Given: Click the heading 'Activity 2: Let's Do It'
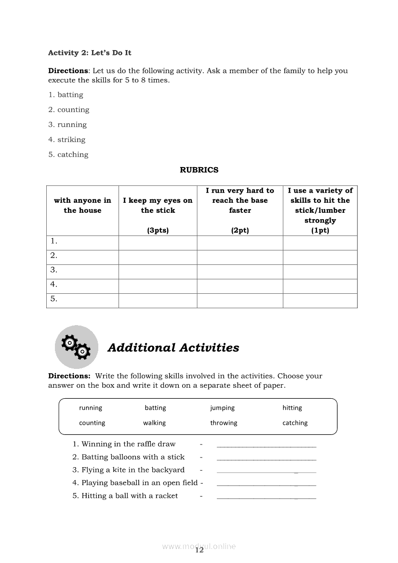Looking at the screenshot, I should tap(90, 53).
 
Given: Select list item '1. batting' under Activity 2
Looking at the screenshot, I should tap(66, 95).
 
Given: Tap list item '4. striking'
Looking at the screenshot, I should tap(66, 140).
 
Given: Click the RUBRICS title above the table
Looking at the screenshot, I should tap(199, 170).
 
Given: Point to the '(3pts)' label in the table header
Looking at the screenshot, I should tap(158, 230).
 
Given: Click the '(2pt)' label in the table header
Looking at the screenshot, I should tap(240, 230).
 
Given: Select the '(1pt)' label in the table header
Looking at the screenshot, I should tap(320, 230).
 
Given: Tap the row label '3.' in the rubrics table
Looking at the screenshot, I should tap(54, 270).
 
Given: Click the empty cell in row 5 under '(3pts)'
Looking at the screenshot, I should tap(158, 301).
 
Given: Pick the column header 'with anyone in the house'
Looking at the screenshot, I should tap(82, 206).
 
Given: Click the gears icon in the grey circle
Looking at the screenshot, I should tap(76, 347).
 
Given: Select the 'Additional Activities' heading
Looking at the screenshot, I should tap(173, 348).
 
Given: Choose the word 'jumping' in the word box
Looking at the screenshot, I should tap(222, 408).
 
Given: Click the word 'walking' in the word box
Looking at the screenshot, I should tap(154, 423).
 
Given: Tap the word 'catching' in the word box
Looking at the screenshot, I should tap(295, 423).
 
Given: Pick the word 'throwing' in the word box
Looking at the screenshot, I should tap(224, 423).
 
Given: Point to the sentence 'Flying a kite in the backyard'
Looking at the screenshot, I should tap(133, 470).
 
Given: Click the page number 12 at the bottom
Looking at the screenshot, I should tap(199, 551).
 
